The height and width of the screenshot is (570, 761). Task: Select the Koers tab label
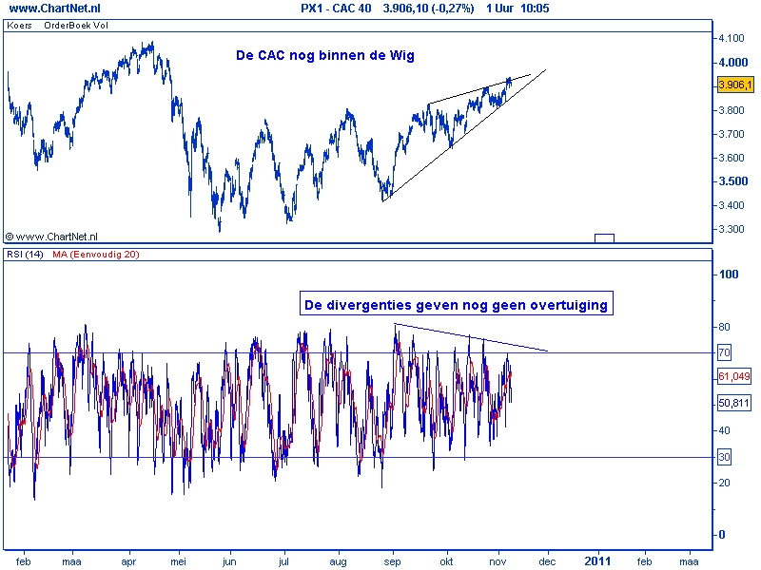click(18, 25)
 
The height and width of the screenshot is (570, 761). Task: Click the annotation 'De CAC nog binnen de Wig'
click(325, 56)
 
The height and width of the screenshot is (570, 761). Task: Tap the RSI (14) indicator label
click(23, 254)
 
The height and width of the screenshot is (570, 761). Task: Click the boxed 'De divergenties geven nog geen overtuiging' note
click(456, 305)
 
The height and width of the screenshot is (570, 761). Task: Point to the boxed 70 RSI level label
click(723, 352)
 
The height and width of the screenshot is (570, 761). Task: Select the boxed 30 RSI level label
click(723, 457)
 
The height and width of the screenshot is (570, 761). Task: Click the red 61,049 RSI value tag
click(733, 377)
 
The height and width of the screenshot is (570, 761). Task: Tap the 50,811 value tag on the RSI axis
click(733, 403)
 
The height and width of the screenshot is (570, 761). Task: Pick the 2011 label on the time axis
click(598, 560)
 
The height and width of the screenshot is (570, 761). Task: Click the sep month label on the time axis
click(391, 560)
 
